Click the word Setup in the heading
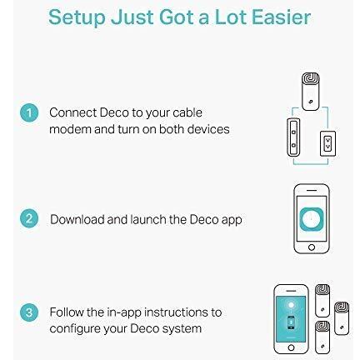77,17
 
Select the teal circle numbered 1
29,113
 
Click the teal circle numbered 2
29,218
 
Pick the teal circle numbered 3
29,312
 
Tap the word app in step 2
232,221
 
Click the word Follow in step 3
67,312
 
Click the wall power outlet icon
327,143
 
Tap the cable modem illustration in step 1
293,137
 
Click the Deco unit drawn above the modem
310,92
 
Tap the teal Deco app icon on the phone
312,219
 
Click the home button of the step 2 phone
312,247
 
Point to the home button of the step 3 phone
291,347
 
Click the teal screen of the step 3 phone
291,319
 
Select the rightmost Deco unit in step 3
342,318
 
